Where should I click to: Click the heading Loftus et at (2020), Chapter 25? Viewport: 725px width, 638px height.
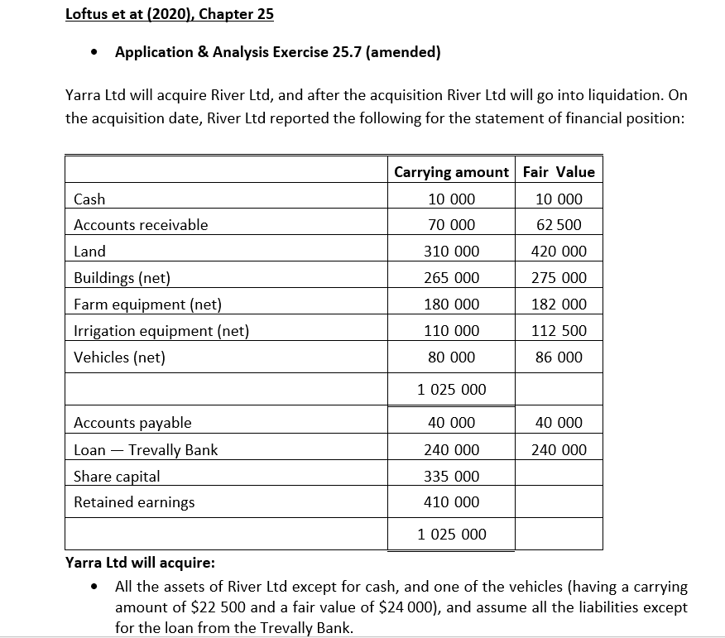tap(170, 14)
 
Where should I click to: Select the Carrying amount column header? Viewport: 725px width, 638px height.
tap(451, 172)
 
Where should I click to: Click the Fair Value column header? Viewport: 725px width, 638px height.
tap(559, 172)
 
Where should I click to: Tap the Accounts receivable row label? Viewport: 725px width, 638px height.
tap(141, 225)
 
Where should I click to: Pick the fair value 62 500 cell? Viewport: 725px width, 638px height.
tap(559, 225)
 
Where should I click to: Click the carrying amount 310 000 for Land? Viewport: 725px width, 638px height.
tap(451, 252)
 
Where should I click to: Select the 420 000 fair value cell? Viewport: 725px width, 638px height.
tap(559, 252)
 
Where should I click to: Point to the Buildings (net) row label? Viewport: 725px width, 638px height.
tap(122, 278)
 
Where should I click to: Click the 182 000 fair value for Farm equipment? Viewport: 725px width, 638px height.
tap(559, 305)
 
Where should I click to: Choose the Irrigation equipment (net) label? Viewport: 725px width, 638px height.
tap(161, 331)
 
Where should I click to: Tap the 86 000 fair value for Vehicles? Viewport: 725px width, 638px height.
tap(559, 357)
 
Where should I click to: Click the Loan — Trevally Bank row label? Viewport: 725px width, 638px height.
tap(146, 450)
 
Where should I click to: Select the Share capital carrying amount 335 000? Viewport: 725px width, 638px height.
tap(451, 477)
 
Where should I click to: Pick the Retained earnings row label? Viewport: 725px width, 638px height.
tap(134, 502)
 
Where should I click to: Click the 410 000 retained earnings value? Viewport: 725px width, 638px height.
tap(451, 502)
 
